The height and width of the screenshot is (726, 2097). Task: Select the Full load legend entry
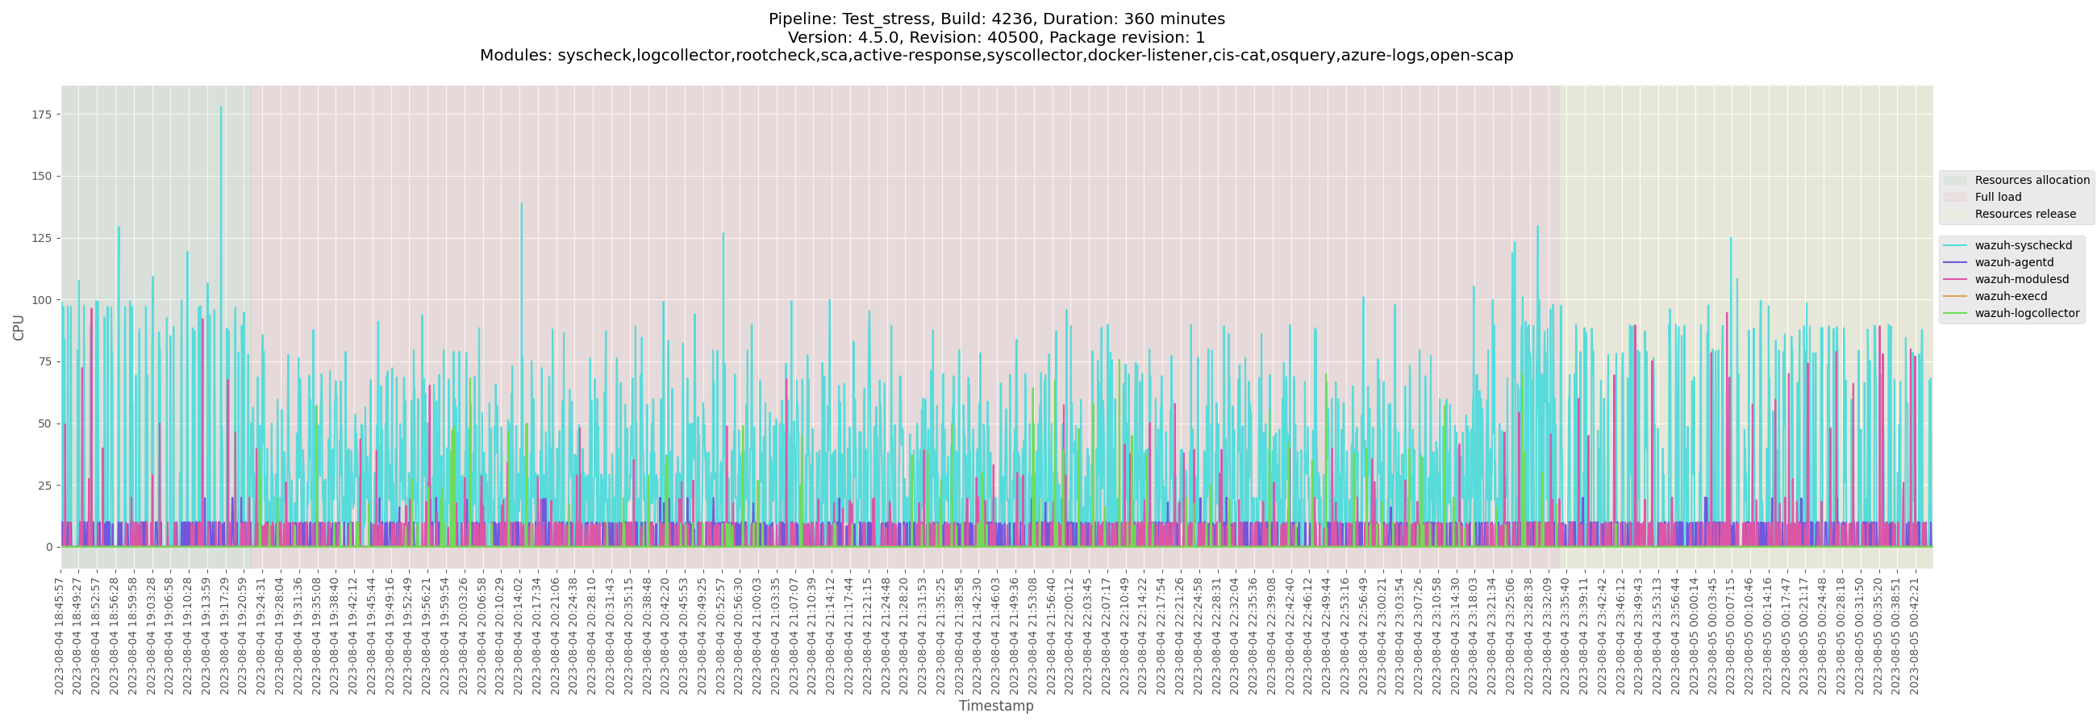(1997, 198)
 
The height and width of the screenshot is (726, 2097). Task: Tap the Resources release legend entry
(2024, 215)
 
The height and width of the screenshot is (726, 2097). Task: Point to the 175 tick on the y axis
(41, 115)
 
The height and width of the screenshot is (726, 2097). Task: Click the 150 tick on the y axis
(41, 177)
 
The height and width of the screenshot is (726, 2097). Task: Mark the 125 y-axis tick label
(41, 239)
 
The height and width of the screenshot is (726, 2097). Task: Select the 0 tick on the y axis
(49, 548)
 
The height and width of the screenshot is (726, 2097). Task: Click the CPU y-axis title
(19, 328)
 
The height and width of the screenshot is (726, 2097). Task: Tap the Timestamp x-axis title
(995, 707)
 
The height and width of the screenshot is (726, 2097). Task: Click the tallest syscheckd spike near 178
(221, 107)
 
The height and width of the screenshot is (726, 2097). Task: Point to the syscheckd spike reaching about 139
(521, 204)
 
